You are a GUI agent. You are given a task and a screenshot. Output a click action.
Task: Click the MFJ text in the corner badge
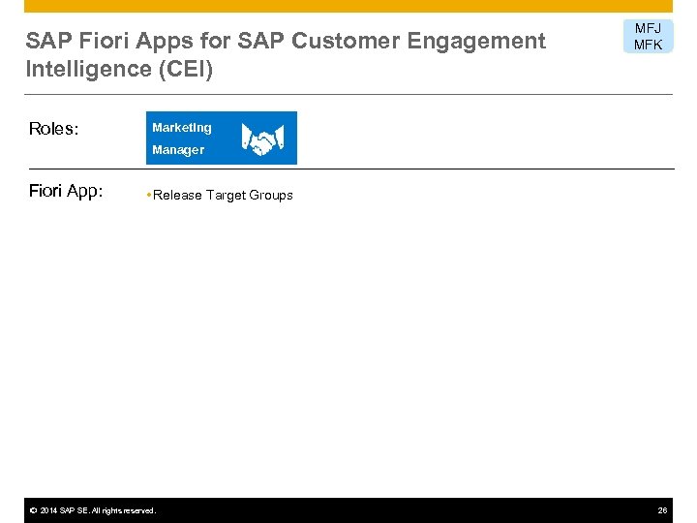click(648, 29)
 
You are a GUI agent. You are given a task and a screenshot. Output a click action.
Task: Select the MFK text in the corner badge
click(648, 45)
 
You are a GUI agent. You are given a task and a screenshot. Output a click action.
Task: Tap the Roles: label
click(53, 129)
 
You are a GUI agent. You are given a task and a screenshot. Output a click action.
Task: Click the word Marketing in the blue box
click(181, 128)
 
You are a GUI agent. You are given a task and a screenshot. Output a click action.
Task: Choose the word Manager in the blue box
click(178, 150)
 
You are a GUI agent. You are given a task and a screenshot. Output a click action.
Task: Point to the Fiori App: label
click(65, 192)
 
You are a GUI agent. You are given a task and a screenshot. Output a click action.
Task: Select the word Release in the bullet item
click(177, 196)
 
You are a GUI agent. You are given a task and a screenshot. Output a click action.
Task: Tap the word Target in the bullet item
click(226, 196)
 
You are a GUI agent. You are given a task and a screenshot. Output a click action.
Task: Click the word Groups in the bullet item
click(271, 196)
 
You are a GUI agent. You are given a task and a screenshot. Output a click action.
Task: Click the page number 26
click(662, 510)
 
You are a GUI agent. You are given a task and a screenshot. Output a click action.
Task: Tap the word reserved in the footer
click(136, 510)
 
